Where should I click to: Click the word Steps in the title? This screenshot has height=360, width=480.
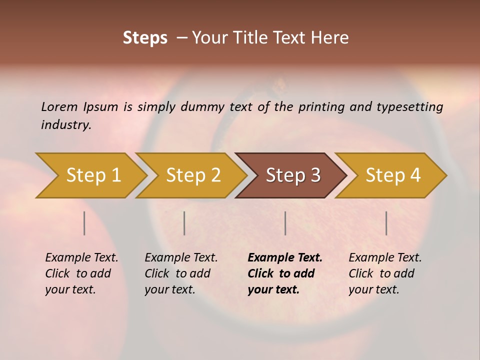[145, 38]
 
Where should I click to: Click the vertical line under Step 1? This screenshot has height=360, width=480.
[84, 223]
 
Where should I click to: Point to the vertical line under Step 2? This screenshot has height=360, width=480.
[184, 223]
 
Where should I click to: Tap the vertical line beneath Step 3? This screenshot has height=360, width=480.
[285, 223]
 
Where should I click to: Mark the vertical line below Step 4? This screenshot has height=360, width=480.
[386, 223]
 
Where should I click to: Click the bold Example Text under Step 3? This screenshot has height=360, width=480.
[285, 258]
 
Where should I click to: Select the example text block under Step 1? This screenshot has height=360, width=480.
[81, 273]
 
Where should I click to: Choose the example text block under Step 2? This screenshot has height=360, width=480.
[181, 273]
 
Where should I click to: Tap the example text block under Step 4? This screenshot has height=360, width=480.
[385, 273]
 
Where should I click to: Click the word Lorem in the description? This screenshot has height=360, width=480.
[59, 106]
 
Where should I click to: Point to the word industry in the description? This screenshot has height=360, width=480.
[66, 125]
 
